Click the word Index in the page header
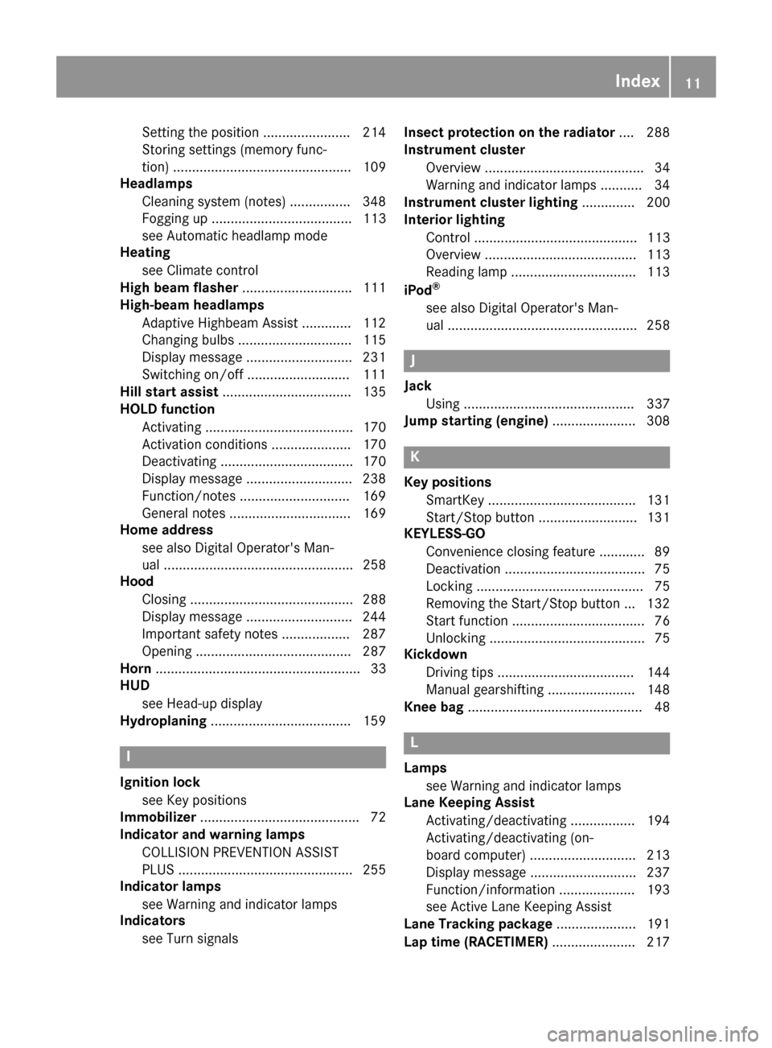(637, 80)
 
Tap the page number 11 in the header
(693, 80)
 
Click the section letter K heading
(415, 456)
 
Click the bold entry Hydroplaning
(163, 720)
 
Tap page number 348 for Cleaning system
(374, 201)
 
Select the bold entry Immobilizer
(158, 817)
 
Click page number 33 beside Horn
(378, 668)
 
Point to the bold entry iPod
(417, 291)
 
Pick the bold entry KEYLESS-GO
(445, 533)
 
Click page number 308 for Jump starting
(658, 420)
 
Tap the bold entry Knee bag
(433, 707)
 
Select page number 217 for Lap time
(658, 941)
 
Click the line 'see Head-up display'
(202, 703)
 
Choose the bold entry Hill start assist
(169, 391)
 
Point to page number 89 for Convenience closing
(662, 551)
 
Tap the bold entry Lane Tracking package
(478, 923)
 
